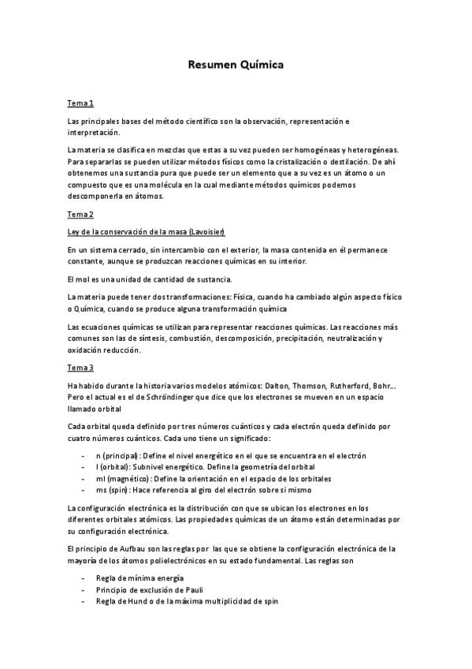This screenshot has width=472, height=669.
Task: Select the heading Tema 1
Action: tap(80, 103)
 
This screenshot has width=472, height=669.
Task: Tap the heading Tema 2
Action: tap(80, 214)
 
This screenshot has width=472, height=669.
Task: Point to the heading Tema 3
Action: tap(80, 368)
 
